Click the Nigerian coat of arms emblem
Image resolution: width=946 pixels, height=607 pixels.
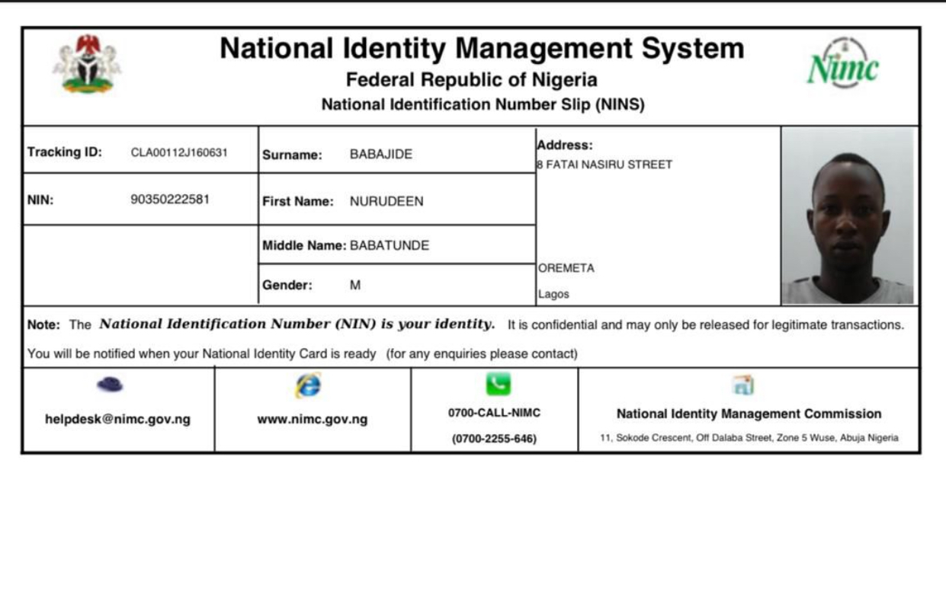tap(87, 64)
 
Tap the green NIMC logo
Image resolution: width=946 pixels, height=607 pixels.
tap(842, 65)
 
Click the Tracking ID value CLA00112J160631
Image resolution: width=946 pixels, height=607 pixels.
tap(179, 152)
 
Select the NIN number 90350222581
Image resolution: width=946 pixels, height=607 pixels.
tap(170, 200)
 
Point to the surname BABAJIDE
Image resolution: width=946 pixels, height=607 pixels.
tap(381, 155)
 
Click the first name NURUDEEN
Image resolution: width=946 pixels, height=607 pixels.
tap(386, 202)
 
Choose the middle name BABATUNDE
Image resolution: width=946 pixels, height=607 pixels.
tap(390, 245)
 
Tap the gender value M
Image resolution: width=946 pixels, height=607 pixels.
tap(355, 286)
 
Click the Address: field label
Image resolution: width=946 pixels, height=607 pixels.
tap(565, 145)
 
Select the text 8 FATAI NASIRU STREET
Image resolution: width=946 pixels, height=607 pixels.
tap(605, 165)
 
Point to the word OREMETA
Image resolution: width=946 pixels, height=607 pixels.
tap(566, 268)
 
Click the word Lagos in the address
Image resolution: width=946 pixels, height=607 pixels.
tap(554, 294)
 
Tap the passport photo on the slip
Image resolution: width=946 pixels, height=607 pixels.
tap(848, 216)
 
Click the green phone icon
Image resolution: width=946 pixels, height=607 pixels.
tap(498, 384)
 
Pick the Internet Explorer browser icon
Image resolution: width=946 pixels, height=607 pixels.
tap(308, 385)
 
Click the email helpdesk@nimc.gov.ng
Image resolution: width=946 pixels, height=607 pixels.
tap(117, 420)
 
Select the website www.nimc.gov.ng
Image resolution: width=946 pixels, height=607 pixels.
tap(312, 420)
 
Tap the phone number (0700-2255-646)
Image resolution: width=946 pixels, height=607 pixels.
tap(494, 439)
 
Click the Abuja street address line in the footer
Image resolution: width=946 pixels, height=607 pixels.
tap(749, 438)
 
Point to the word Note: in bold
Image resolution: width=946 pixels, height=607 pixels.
tap(43, 324)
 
